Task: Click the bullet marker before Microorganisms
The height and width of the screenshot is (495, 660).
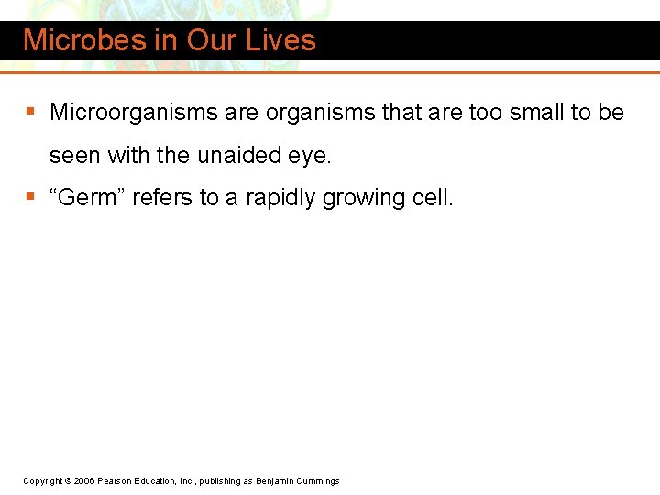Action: click(31, 113)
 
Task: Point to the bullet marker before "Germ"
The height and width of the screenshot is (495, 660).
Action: click(31, 198)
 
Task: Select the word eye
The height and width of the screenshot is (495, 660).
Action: click(310, 156)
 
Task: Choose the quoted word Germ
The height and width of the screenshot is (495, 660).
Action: click(88, 198)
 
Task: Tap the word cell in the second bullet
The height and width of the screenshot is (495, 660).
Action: click(431, 198)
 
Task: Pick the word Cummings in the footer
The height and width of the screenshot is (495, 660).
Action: click(317, 480)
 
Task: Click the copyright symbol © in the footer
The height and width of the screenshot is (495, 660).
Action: click(69, 480)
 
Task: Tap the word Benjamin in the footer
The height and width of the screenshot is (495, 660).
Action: click(275, 480)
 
